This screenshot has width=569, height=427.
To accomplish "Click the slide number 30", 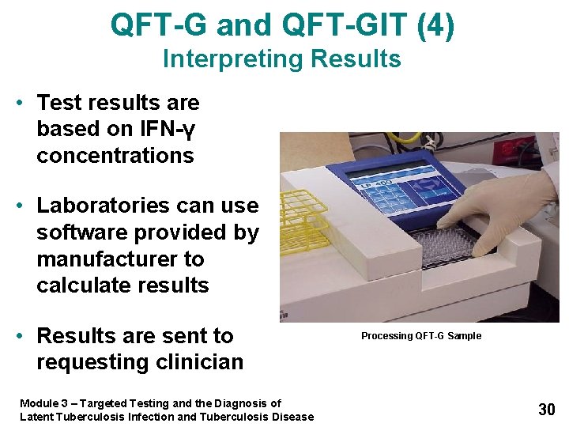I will tap(546, 409).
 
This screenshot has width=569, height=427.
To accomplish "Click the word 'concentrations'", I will tap(115, 155).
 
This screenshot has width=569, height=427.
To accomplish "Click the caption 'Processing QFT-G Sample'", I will tap(420, 336).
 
